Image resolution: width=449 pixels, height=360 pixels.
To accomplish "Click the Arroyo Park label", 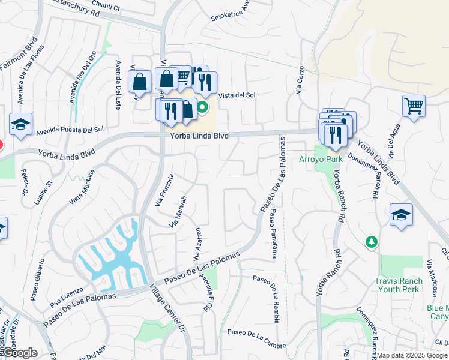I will [321, 159].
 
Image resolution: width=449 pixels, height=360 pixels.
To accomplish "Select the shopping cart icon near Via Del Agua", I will [414, 106].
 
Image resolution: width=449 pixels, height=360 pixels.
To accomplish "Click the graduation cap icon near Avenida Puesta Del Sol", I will [20, 125].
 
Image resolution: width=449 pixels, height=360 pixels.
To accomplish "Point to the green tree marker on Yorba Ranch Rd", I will [372, 241].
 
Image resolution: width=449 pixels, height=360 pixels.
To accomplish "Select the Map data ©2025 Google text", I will [412, 355].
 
